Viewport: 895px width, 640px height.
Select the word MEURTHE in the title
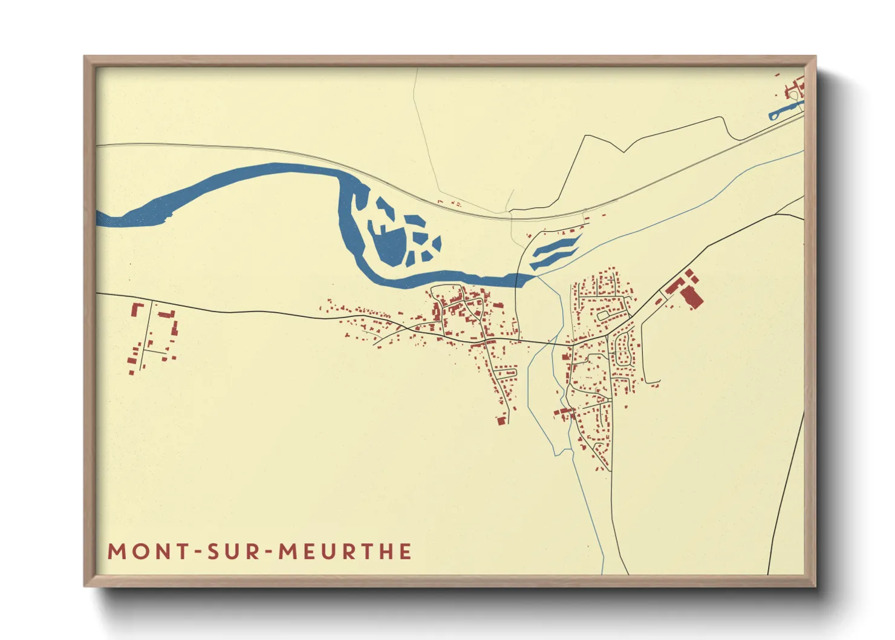tap(345, 552)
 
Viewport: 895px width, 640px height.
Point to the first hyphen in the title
tap(198, 552)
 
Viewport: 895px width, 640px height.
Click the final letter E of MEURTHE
tap(406, 552)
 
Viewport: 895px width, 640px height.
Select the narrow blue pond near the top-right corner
tap(784, 111)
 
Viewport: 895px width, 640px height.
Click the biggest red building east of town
tap(691, 296)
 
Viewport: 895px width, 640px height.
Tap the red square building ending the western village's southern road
tap(501, 420)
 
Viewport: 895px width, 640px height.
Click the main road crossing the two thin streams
tap(544, 343)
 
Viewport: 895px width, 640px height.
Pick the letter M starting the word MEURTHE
tap(287, 552)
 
